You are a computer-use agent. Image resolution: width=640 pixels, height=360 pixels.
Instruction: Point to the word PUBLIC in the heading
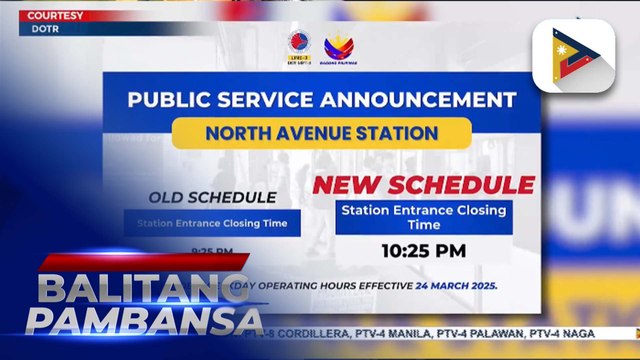click(169, 100)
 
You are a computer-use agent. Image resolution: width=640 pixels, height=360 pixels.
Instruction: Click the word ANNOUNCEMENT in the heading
click(421, 100)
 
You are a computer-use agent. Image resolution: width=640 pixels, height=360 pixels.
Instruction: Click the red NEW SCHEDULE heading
click(423, 185)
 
